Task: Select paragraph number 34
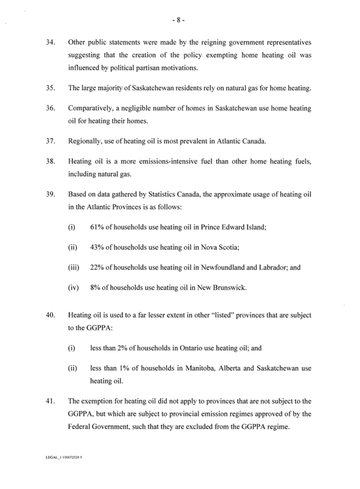[50, 43]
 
